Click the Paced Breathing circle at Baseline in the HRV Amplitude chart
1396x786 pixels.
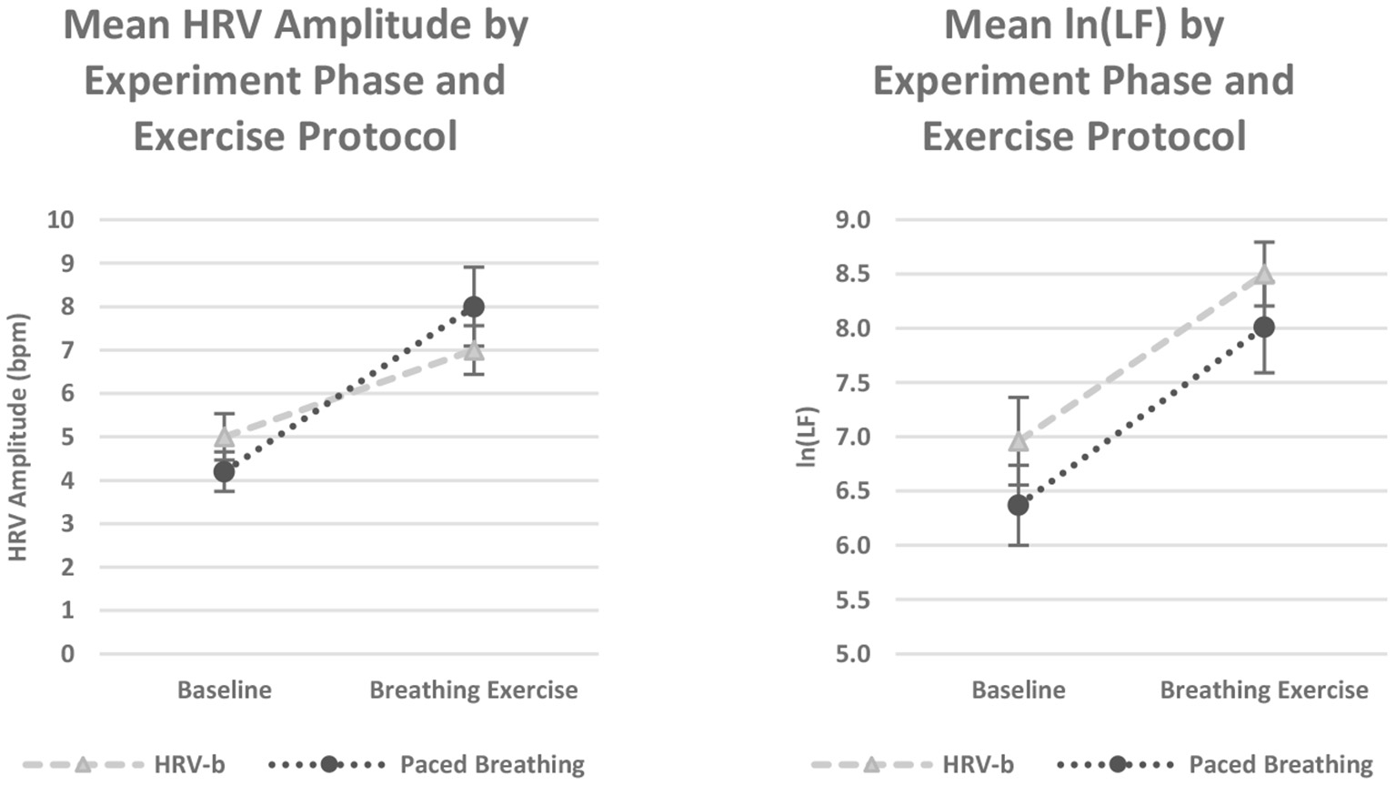tap(224, 471)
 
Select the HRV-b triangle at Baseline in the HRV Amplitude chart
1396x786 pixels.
tap(224, 437)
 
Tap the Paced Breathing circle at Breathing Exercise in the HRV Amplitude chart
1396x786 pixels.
tap(473, 307)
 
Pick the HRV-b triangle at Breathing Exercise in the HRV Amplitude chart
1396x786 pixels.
tap(473, 350)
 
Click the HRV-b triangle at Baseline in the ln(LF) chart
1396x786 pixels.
tap(1019, 441)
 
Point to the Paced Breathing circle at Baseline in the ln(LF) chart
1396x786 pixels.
tap(1019, 504)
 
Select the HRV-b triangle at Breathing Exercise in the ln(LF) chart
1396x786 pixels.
tap(1264, 274)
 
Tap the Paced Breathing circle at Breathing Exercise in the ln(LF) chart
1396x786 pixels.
tap(1264, 327)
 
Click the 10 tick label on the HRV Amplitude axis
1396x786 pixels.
tap(61, 219)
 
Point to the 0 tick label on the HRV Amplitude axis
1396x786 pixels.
tap(67, 653)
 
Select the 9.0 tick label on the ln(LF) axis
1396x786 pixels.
tap(852, 219)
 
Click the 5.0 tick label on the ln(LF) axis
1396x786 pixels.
tap(852, 653)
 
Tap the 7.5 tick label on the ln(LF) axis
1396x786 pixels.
tap(852, 382)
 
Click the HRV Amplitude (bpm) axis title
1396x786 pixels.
tap(18, 437)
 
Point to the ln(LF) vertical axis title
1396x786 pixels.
tap(806, 437)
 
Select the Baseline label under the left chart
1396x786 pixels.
tap(224, 690)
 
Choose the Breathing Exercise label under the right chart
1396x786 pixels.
tap(1264, 690)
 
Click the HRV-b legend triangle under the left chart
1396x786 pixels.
tap(83, 764)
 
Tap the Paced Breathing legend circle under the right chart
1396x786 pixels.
tap(1118, 764)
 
